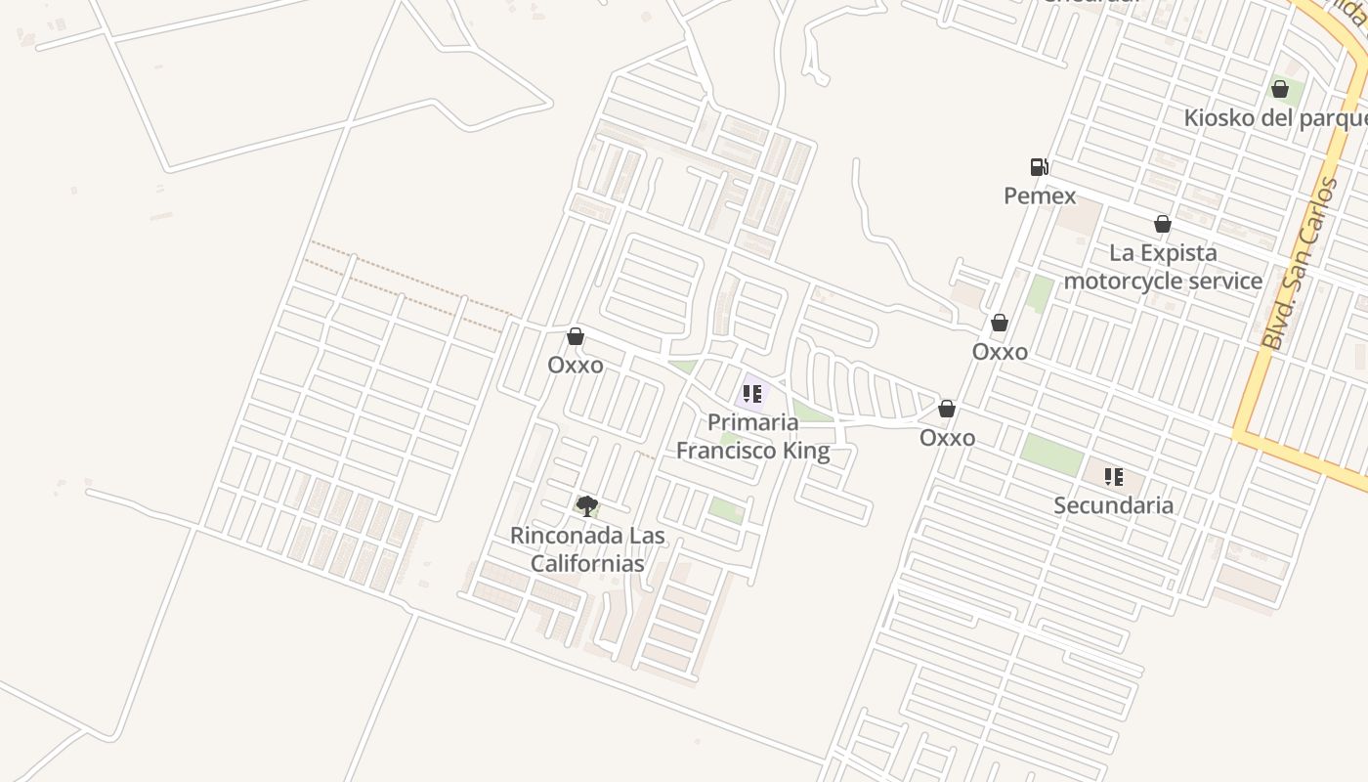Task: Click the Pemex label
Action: click(1040, 195)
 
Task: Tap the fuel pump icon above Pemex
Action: click(1039, 167)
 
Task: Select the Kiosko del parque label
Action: click(1275, 118)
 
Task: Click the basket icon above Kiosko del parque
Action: click(1280, 90)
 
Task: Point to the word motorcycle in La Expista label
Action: click(1121, 282)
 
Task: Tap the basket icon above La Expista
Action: click(1163, 225)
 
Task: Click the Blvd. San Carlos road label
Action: click(1299, 264)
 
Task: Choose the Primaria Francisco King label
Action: click(753, 436)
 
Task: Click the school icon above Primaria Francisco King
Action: click(751, 394)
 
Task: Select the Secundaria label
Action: click(1113, 505)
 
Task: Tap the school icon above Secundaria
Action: click(1113, 477)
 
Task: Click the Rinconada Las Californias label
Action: click(587, 549)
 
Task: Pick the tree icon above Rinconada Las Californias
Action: click(586, 505)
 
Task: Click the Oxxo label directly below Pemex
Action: click(1000, 352)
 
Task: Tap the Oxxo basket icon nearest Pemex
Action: click(1000, 324)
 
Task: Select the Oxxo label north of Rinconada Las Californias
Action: click(576, 365)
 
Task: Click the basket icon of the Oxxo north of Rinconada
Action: click(576, 337)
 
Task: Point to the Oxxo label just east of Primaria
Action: click(947, 438)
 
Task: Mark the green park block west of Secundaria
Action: click(1052, 455)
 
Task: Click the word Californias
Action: click(587, 564)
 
